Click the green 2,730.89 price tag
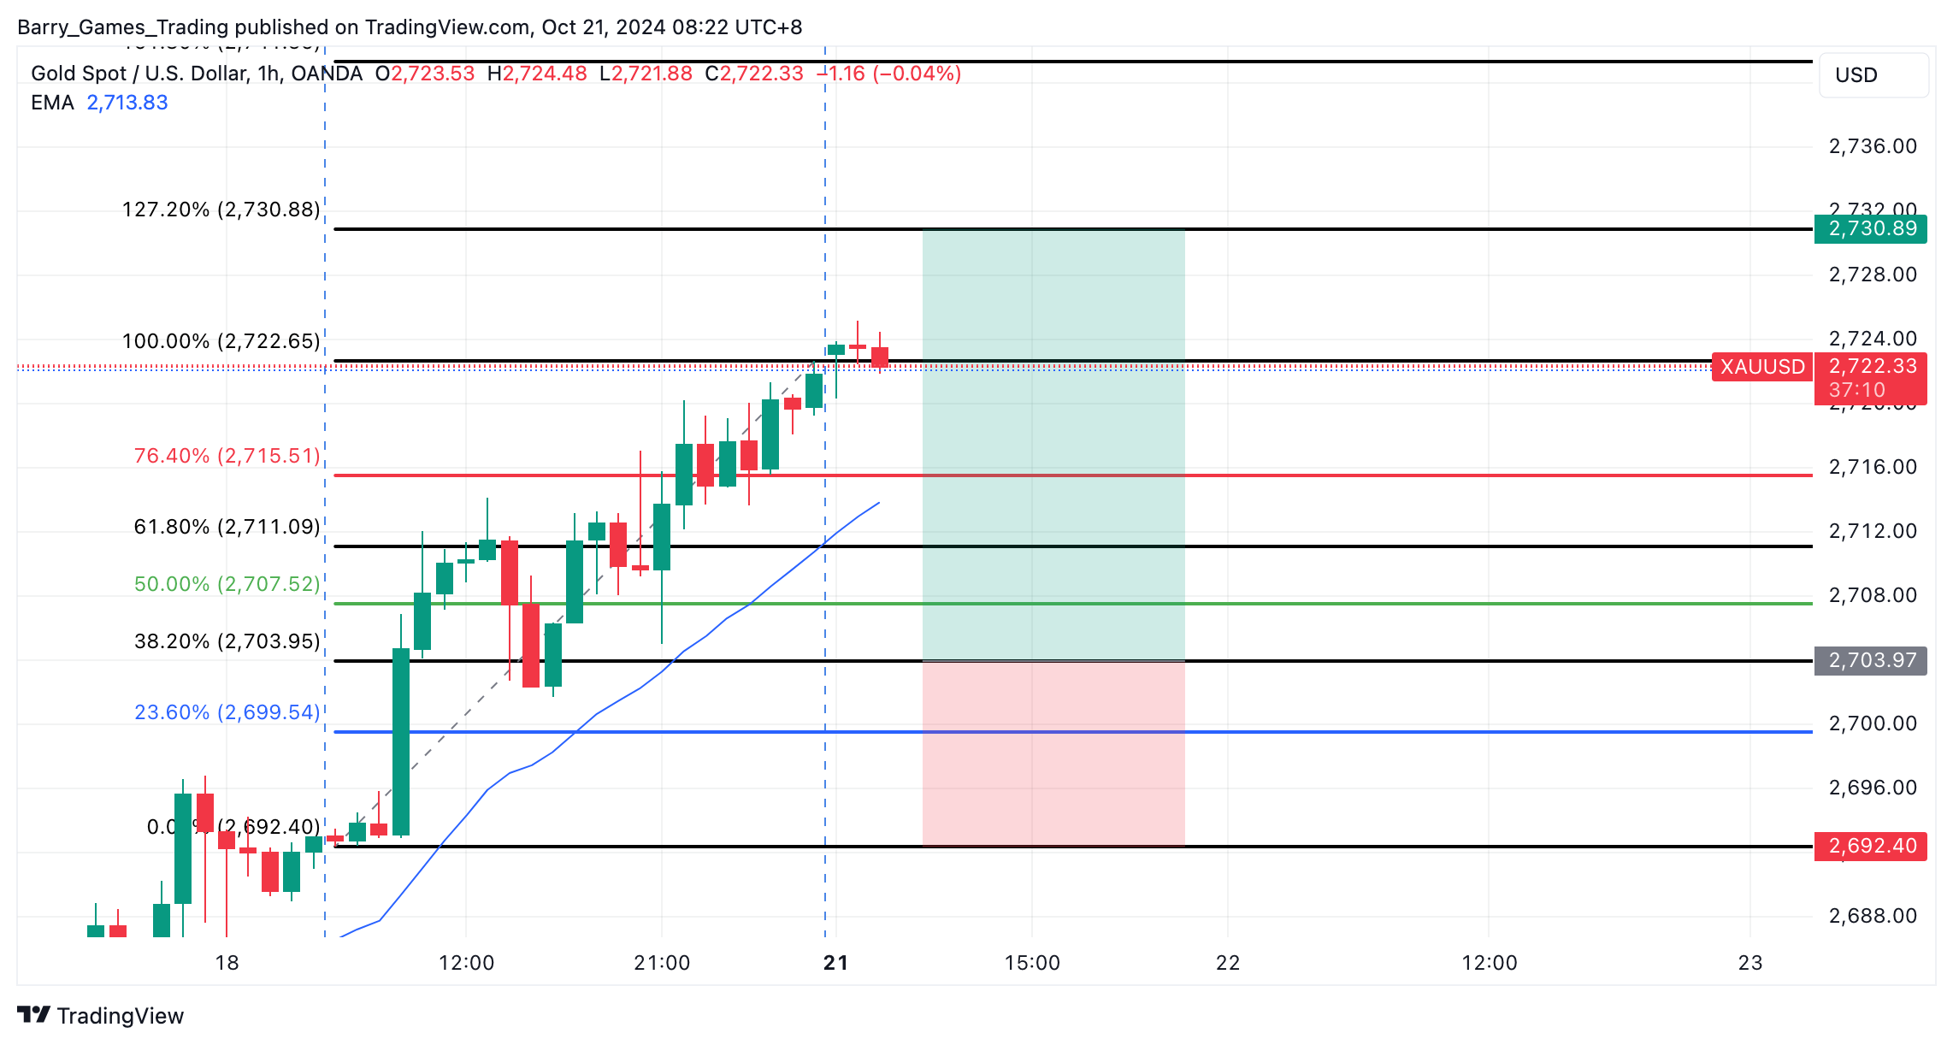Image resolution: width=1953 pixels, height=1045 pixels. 1871,229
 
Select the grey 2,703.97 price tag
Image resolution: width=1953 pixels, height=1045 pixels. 1871,660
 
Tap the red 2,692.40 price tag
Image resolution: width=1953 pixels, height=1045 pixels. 1871,846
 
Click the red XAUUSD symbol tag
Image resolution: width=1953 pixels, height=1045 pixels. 1761,367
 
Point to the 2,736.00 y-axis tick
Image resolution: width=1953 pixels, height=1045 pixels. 1873,146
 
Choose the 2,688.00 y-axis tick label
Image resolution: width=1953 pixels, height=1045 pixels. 1873,916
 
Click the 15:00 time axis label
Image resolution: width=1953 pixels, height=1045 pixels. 1032,963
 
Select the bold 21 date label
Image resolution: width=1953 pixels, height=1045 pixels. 835,963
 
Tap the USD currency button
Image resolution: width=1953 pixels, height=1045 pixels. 1873,75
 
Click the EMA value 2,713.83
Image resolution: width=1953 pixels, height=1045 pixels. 127,103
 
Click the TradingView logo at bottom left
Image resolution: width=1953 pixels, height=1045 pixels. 100,1015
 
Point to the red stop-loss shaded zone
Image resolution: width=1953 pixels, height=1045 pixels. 1053,753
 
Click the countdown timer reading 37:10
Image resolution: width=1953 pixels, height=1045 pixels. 1856,390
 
